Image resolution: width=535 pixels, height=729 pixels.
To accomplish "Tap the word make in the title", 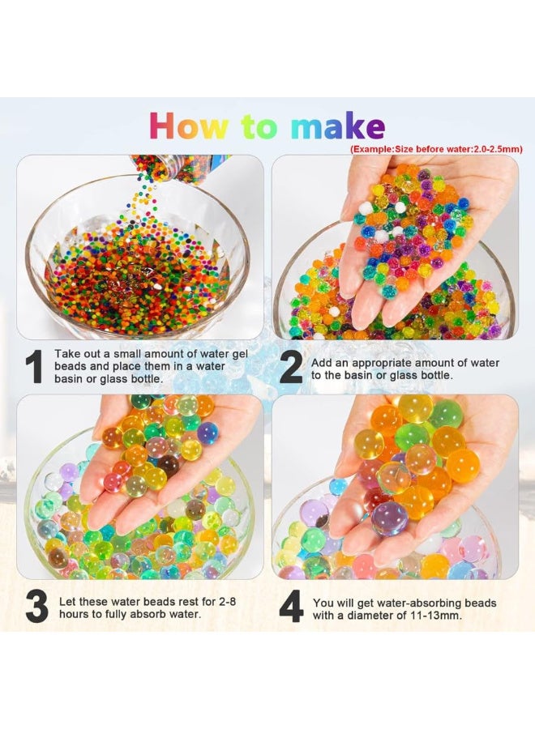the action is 338,126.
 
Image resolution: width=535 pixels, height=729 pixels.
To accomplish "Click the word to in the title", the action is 259,126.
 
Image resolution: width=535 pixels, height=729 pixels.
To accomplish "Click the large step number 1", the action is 34,366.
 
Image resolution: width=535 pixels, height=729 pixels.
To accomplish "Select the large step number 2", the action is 291,369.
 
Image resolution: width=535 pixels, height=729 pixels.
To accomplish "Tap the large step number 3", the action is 36,606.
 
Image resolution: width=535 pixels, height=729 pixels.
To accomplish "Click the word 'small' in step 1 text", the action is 127,354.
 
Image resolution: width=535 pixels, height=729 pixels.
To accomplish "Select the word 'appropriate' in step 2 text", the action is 382,363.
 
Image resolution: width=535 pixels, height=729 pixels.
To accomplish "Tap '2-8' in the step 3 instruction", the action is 226,601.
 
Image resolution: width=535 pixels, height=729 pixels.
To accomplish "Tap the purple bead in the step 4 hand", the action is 390,518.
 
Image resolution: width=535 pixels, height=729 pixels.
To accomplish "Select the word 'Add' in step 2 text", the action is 320,363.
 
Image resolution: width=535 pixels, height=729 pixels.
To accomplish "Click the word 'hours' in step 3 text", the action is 74,614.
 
